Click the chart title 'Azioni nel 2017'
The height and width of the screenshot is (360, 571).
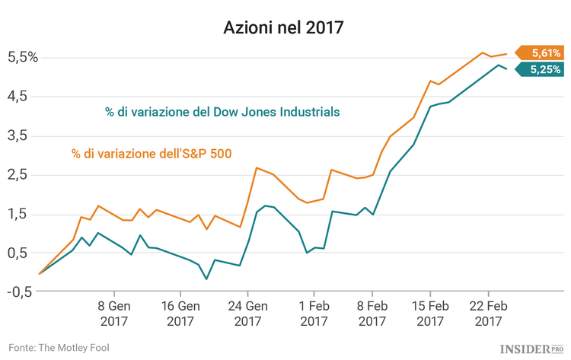(283, 29)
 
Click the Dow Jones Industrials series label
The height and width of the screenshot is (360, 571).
(222, 112)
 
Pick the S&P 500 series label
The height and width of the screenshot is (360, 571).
(152, 154)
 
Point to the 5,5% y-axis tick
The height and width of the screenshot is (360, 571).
(23, 57)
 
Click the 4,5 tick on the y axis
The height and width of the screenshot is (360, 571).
(23, 96)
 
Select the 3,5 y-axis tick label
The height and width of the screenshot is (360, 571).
(23, 135)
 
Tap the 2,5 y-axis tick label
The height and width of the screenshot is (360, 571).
(23, 174)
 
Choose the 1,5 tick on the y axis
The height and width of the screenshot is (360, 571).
(23, 214)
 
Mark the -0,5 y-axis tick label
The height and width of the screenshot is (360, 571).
(21, 292)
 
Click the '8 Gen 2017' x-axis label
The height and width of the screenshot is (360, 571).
(113, 314)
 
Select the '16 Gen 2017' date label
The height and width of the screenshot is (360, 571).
(180, 314)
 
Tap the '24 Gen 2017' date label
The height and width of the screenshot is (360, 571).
(247, 314)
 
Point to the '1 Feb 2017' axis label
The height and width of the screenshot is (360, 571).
(314, 314)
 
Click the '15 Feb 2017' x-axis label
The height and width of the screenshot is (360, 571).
(429, 314)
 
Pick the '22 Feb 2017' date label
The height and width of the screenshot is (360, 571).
(488, 314)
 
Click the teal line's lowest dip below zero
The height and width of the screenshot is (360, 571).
(206, 279)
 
